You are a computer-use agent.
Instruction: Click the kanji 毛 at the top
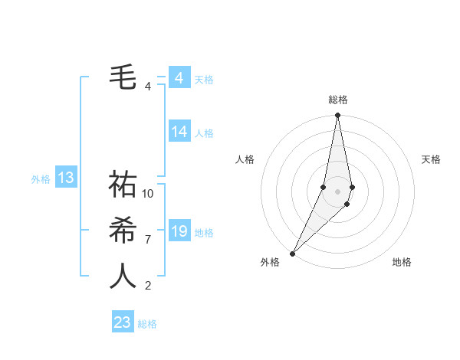pyautogui.click(x=123, y=77)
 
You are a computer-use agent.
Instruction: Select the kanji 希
pyautogui.click(x=123, y=231)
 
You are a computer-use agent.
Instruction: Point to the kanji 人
pyautogui.click(x=123, y=276)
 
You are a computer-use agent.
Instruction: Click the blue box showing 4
pyautogui.click(x=179, y=78)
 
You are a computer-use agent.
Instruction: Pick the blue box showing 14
pyautogui.click(x=179, y=132)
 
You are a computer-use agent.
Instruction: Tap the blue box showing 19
pyautogui.click(x=179, y=231)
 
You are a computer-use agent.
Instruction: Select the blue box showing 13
pyautogui.click(x=66, y=178)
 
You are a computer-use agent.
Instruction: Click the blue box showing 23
pyautogui.click(x=123, y=322)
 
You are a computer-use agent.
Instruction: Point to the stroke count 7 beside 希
pyautogui.click(x=148, y=239)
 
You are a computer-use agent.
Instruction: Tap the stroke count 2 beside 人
pyautogui.click(x=148, y=286)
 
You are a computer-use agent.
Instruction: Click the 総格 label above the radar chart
pyautogui.click(x=337, y=100)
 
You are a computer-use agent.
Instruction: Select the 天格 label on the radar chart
pyautogui.click(x=431, y=159)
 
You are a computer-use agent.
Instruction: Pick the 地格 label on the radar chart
pyautogui.click(x=402, y=262)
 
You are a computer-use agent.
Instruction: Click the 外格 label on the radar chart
pyautogui.click(x=270, y=262)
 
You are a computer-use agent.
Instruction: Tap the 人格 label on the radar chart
pyautogui.click(x=245, y=159)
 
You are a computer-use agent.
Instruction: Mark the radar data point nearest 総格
pyautogui.click(x=337, y=116)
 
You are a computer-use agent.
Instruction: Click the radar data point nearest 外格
pyautogui.click(x=293, y=253)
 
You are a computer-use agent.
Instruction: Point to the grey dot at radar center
pyautogui.click(x=337, y=191)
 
